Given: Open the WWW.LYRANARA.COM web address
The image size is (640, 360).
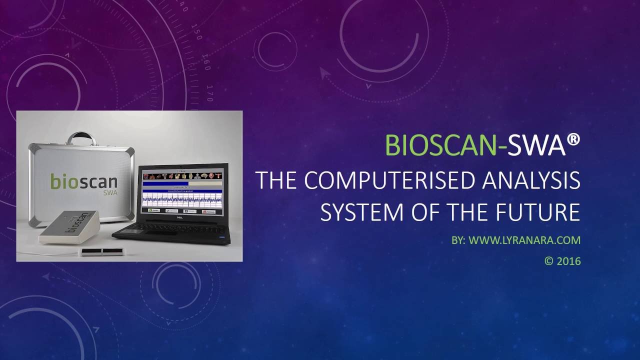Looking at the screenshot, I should tap(524, 240).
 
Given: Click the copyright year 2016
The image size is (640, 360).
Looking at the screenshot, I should tap(568, 261).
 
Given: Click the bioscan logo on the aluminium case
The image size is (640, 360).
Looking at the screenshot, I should tap(83, 181).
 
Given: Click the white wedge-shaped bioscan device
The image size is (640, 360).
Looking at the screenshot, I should tap(70, 227).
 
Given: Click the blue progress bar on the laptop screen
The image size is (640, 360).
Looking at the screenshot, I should tap(182, 184).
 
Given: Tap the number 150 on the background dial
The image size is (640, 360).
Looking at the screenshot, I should tap(197, 35).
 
